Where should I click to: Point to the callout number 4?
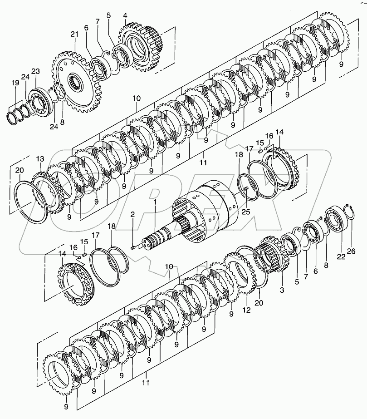click(125, 15)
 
